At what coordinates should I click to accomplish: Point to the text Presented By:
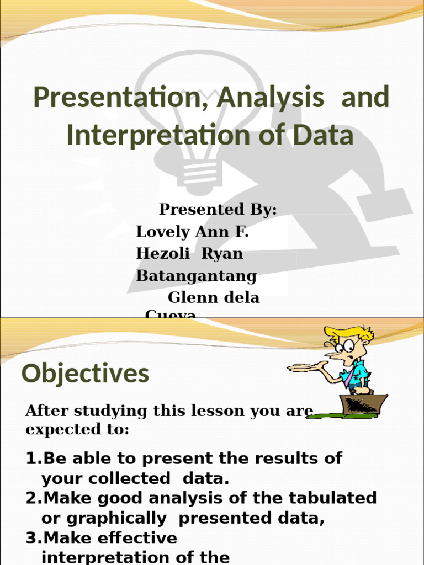[x=218, y=210]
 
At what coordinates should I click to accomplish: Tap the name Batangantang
[x=196, y=275]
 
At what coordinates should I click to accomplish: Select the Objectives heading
[x=85, y=374]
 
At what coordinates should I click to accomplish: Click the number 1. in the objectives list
[x=34, y=459]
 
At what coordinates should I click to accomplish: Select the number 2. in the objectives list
[x=34, y=498]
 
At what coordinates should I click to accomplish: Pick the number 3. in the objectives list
[x=34, y=538]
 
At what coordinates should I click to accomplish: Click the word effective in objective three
[x=135, y=538]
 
